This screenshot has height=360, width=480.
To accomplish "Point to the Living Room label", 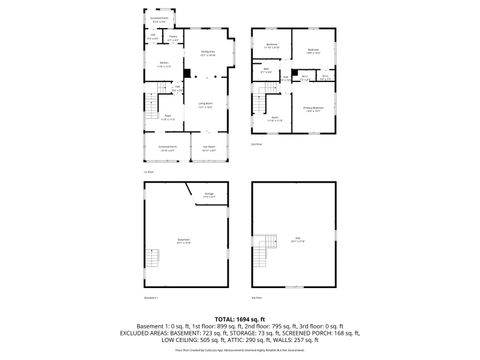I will tap(205, 105).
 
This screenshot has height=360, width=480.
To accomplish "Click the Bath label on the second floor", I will tap(265, 71).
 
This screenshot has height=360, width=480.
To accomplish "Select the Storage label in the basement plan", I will tap(209, 195).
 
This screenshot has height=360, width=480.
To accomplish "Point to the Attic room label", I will tap(297, 238).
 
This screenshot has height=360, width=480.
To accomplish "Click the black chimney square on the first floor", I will tap(187, 73).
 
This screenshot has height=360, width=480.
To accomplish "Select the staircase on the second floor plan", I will tap(262, 104).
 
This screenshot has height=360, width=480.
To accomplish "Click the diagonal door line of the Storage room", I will tap(190, 193).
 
